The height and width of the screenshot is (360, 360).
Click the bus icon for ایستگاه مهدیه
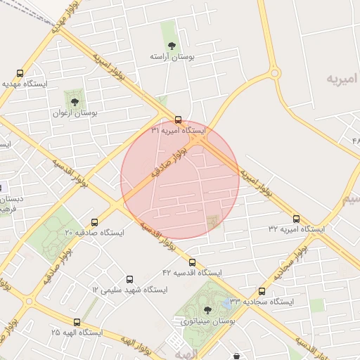point(19,72)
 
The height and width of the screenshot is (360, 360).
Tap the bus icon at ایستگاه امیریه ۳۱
point(178,119)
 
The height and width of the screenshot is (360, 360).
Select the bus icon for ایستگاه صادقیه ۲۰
point(95,221)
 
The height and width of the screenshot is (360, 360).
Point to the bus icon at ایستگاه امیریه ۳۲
point(296,218)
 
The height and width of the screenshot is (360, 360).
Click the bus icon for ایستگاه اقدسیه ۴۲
point(192,262)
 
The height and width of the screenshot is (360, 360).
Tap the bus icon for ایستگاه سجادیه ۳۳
point(262,290)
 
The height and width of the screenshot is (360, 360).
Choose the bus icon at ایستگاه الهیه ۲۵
point(77,322)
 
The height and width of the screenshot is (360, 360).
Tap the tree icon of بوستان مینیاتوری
point(206,309)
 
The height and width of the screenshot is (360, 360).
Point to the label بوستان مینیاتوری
point(204,321)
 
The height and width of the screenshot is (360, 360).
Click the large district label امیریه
point(342,77)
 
